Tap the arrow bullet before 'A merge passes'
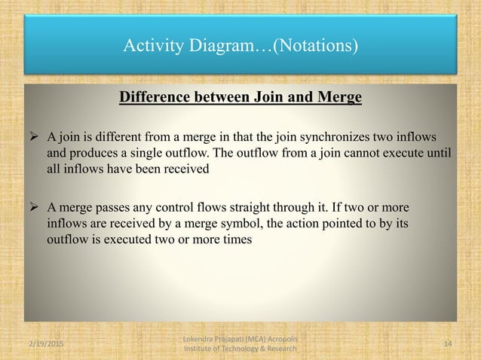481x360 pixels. coord(33,207)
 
